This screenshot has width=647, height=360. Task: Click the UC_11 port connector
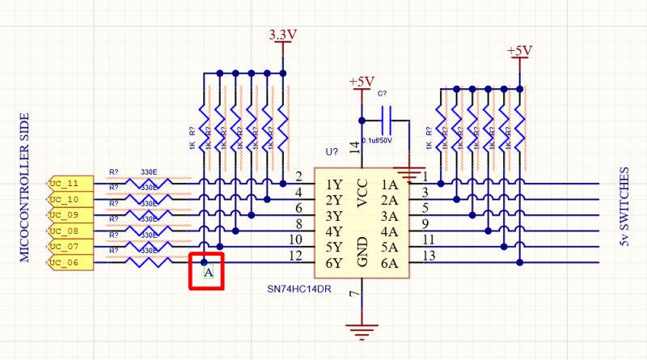coord(66,184)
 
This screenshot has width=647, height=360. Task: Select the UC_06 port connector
coord(66,263)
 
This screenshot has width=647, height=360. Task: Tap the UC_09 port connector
coord(66,215)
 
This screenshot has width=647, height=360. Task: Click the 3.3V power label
coord(282,35)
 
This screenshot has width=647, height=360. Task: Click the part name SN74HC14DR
coord(300,289)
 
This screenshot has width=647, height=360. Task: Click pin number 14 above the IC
coord(354,147)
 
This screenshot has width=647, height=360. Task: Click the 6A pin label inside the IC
coord(389,263)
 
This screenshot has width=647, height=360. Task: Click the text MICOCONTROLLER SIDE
coord(25,195)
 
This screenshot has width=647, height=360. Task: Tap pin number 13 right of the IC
coord(429,256)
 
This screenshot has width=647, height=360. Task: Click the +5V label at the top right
coord(519,50)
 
